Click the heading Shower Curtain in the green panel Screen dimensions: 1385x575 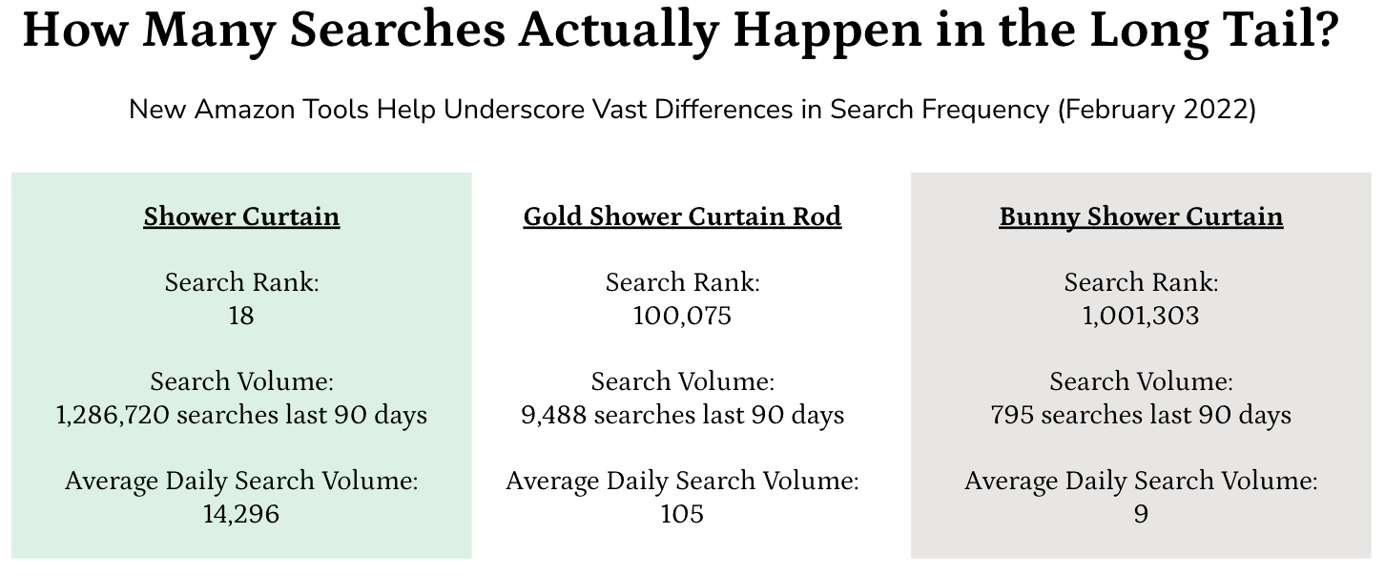coord(241,217)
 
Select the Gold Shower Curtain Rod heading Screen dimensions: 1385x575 coord(682,217)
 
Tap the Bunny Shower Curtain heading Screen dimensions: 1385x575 coord(1141,217)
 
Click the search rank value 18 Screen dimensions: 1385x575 coord(241,316)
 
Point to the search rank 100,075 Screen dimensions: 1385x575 coord(682,316)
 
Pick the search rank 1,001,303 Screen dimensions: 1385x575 coord(1141,316)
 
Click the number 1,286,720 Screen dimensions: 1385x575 coord(113,415)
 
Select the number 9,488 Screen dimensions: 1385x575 coord(553,415)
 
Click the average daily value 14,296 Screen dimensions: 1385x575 coord(241,514)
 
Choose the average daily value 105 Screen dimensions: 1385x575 coord(682,514)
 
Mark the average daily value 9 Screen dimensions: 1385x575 coord(1141,514)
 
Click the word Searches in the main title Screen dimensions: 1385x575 coord(398,30)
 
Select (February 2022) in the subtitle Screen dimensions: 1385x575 coord(1157,110)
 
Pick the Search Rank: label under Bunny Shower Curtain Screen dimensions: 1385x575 coord(1141,282)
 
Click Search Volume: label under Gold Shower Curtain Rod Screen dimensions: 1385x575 coord(683,381)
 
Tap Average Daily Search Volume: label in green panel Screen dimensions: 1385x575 coord(241,481)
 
